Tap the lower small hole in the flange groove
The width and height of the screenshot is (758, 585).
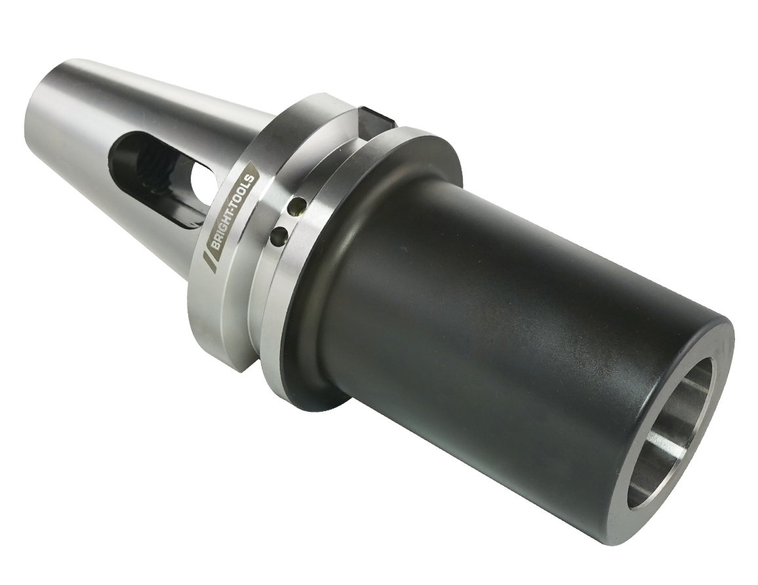pyautogui.click(x=279, y=235)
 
